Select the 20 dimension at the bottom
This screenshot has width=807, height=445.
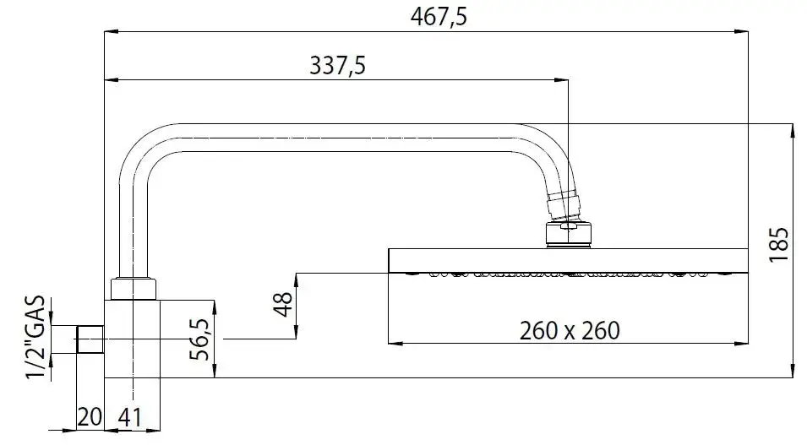(89, 418)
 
